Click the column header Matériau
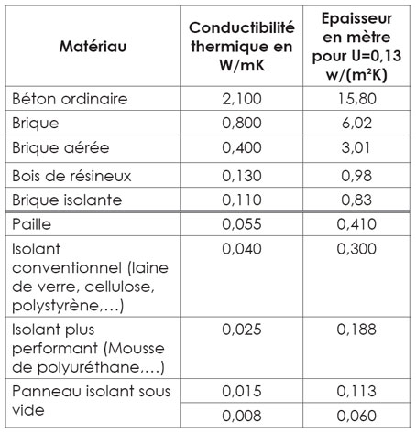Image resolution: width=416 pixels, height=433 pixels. coord(95,45)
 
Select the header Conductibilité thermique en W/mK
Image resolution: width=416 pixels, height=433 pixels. coord(239,45)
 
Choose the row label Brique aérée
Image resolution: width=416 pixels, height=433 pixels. coord(60,148)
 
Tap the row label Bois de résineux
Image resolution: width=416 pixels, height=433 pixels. coord(70,174)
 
